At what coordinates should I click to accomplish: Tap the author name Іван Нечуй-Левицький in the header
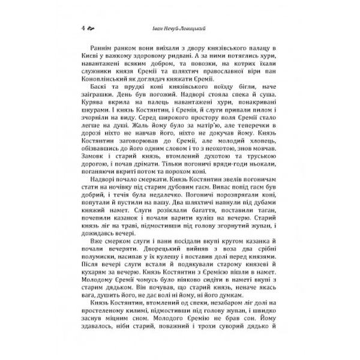(x=180, y=28)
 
